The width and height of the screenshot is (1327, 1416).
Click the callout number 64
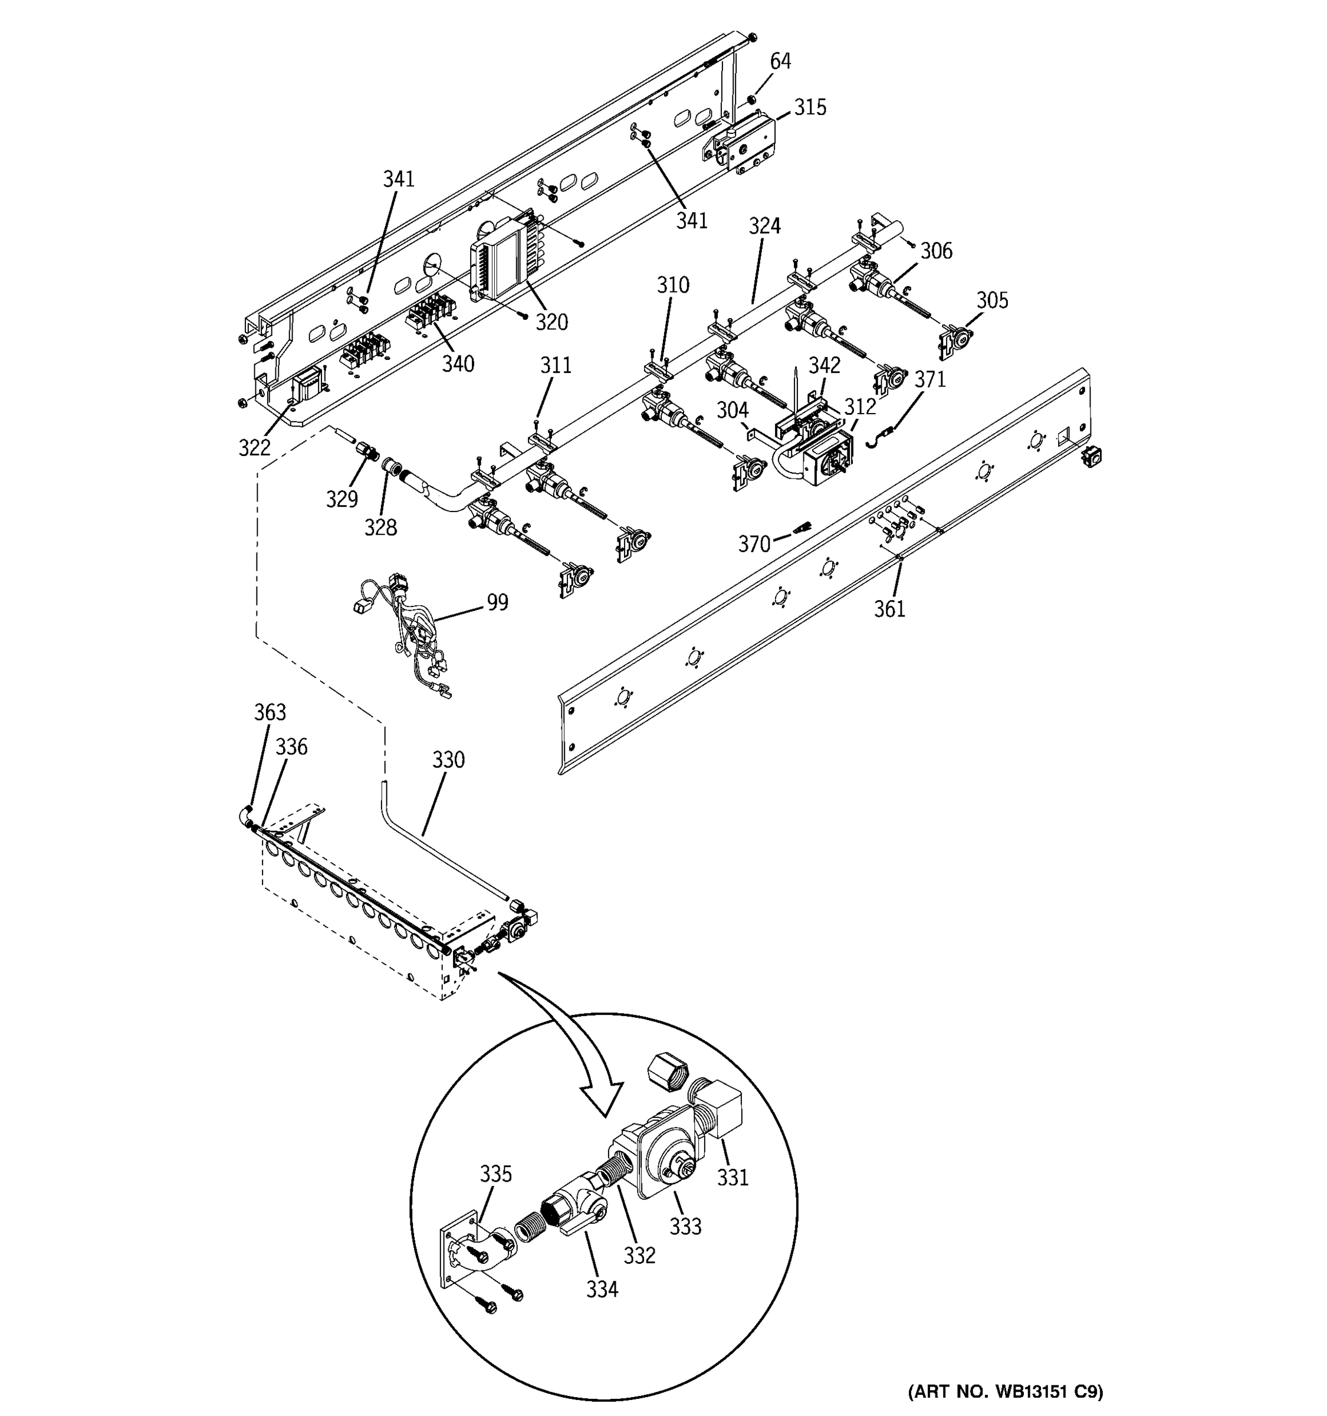[780, 61]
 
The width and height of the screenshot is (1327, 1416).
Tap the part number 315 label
[810, 107]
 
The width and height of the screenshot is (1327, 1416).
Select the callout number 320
[551, 323]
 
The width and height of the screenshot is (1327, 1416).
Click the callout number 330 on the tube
[448, 760]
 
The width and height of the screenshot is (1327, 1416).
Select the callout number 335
[495, 1173]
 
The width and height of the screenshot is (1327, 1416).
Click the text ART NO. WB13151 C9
[1005, 1391]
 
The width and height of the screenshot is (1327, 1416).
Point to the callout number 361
[889, 609]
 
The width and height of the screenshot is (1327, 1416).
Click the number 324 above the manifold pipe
[764, 227]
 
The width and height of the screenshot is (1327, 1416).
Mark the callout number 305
[991, 300]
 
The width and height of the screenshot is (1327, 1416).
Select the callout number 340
[458, 364]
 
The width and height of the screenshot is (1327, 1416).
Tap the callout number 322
[254, 447]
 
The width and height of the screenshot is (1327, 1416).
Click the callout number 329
[341, 499]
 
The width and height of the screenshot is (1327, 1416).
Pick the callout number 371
[929, 379]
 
